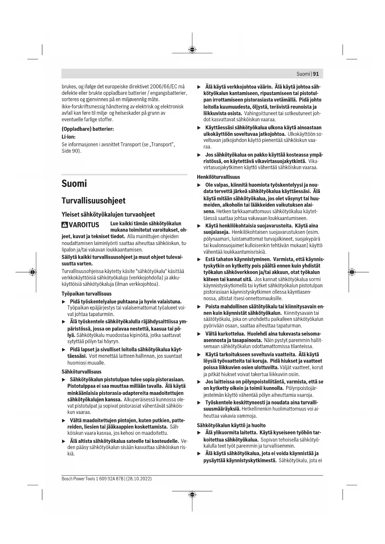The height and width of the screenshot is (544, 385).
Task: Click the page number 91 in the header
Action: (x=316, y=74)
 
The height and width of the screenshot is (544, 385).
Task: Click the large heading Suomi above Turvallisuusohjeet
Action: (x=74, y=183)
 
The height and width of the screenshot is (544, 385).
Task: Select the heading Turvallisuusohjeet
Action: (x=93, y=201)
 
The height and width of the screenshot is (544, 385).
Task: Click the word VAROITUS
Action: (x=84, y=225)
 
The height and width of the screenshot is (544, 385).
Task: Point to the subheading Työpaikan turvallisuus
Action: (x=87, y=294)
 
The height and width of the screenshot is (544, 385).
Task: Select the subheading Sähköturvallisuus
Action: (x=82, y=372)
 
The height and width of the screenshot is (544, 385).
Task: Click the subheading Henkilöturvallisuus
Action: (x=218, y=177)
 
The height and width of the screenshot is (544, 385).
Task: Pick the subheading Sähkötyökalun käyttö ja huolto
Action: (x=231, y=425)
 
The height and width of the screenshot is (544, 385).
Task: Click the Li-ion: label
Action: (x=69, y=137)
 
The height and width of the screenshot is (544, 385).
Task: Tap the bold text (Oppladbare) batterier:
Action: (x=88, y=129)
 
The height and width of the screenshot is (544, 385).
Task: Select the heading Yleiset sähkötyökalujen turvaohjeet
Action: (x=108, y=215)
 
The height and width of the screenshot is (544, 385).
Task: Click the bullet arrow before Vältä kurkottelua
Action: (x=199, y=334)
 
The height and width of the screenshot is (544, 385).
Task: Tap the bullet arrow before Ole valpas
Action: (x=199, y=185)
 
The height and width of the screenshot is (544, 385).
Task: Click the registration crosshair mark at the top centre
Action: (x=192, y=50)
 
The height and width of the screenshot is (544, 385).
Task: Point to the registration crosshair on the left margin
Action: (x=32, y=272)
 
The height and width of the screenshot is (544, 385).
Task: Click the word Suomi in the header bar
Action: (x=303, y=74)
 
